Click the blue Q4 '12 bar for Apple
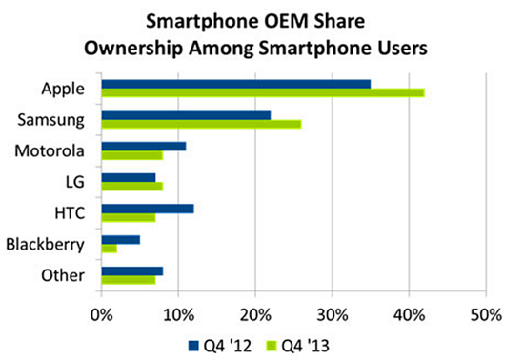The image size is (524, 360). [236, 84]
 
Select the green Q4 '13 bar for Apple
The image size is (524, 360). [263, 92]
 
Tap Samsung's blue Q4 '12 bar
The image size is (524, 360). [186, 115]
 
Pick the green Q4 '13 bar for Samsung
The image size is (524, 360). [202, 124]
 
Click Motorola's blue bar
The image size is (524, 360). [144, 147]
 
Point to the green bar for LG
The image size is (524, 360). [132, 187]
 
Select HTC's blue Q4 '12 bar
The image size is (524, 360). [148, 210]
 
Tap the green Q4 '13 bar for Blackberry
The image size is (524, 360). [110, 249]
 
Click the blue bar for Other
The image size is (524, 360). [132, 271]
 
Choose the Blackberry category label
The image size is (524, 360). [45, 245]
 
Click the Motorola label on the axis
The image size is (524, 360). [50, 150]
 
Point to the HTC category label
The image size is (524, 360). [70, 213]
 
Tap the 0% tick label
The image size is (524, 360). [102, 315]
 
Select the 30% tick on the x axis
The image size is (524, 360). [333, 315]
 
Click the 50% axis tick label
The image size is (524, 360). [486, 315]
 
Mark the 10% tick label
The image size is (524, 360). [179, 315]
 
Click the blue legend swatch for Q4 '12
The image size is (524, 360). [193, 346]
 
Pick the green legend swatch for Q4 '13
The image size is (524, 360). [272, 346]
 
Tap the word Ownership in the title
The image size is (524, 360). [133, 49]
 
